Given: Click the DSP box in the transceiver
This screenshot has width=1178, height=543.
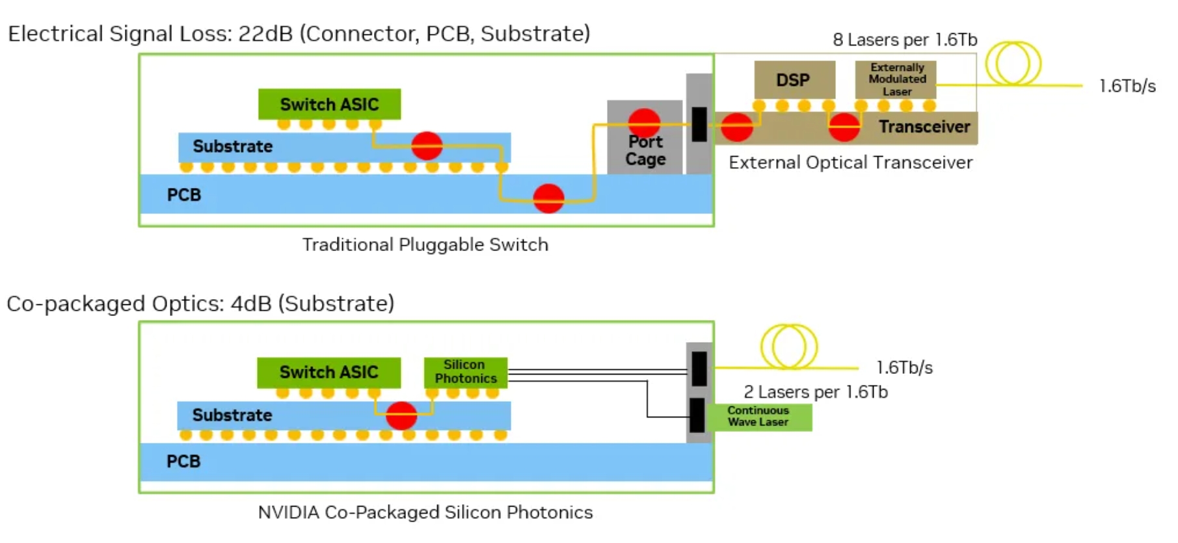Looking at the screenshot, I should coord(794,80).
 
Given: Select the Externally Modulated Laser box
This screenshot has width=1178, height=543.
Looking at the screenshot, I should coord(896,79).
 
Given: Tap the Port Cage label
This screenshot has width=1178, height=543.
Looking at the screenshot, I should coord(645,151).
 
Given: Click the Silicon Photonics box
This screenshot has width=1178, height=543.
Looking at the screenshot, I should coord(466,372).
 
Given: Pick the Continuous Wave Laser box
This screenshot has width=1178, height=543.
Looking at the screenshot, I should coord(758,417).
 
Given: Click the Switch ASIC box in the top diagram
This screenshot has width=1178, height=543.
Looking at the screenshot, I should coord(329,104).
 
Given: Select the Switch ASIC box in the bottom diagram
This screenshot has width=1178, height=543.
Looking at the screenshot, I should coord(328,372).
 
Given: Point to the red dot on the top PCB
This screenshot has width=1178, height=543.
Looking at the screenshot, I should coord(548,198).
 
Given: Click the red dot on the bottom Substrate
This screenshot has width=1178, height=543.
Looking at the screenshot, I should coord(401,416).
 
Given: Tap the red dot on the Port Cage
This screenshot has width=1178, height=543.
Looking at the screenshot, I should coord(645,122).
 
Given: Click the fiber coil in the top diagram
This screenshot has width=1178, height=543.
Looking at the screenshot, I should coord(1013,63).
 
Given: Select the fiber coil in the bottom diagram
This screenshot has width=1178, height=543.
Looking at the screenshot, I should coord(789,347).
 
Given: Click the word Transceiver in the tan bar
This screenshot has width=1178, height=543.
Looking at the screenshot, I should coord(924,127).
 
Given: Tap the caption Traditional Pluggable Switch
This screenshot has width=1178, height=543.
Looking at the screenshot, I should coord(425,245).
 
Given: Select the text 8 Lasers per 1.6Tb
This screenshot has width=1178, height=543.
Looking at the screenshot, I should coord(905,40).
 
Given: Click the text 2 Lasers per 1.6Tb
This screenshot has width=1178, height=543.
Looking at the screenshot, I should coord(816,392).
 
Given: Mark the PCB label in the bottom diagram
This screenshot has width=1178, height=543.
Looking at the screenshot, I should coord(183,462).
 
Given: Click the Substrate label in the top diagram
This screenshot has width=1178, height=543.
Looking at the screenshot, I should coord(232,146).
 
